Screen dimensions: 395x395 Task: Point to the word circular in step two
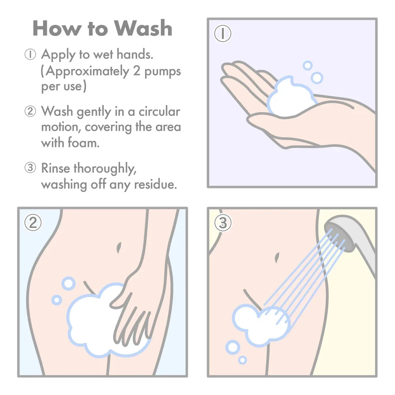[x=159, y=112]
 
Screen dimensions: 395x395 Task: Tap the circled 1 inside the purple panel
[x=222, y=34]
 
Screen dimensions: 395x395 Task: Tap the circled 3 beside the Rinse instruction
[x=30, y=168]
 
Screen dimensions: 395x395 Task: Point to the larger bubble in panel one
[x=316, y=77]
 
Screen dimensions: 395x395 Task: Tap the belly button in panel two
[x=119, y=248]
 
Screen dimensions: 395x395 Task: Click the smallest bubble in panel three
[x=243, y=359]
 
